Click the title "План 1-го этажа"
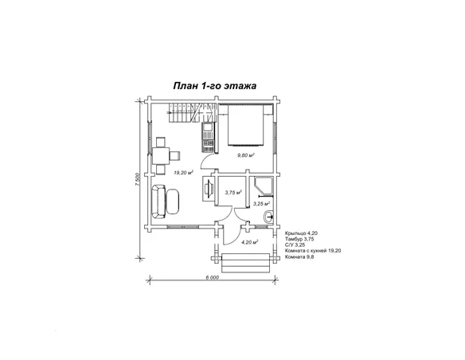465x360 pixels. [215, 86]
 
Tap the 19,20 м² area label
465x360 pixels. [184, 172]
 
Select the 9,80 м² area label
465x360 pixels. [246, 155]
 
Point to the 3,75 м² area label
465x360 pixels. [233, 193]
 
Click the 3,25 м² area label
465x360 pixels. [261, 204]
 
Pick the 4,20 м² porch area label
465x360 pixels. [250, 242]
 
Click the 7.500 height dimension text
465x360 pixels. [137, 179]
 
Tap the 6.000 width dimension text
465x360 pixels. [212, 277]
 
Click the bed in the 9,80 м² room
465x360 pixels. [245, 125]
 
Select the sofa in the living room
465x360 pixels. [158, 202]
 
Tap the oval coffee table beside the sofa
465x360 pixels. [173, 202]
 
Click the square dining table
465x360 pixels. [161, 155]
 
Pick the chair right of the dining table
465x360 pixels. [175, 155]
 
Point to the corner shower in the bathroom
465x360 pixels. [264, 186]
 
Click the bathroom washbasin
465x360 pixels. [269, 217]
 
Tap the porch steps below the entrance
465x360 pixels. [246, 263]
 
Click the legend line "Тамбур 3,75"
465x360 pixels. [299, 239]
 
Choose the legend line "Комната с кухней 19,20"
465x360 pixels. [313, 251]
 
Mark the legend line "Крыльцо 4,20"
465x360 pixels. [301, 233]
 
